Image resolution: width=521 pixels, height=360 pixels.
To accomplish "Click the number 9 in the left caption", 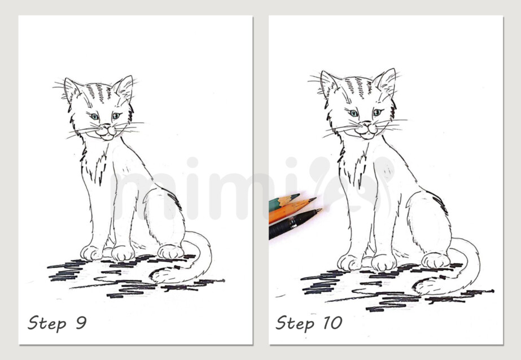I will (x=81, y=323).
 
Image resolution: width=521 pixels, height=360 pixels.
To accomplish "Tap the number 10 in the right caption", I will (x=332, y=323).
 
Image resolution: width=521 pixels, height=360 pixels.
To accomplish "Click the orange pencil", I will (x=291, y=209).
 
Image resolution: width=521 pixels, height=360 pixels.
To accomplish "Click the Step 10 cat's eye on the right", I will (x=376, y=112).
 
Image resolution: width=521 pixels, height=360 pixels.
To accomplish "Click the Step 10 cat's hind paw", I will (x=435, y=260).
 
